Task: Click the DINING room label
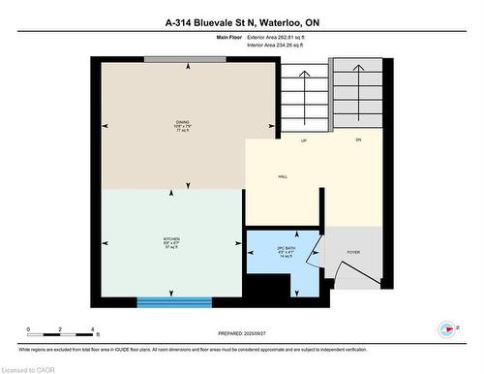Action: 169,122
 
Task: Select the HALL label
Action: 283,176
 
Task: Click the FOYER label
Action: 353,252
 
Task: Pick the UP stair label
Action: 304,140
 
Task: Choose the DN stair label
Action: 358,140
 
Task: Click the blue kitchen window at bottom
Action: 174,302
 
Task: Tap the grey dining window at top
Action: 185,60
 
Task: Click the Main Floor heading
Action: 230,38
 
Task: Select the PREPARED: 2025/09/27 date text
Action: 242,335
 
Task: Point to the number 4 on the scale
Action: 92,330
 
